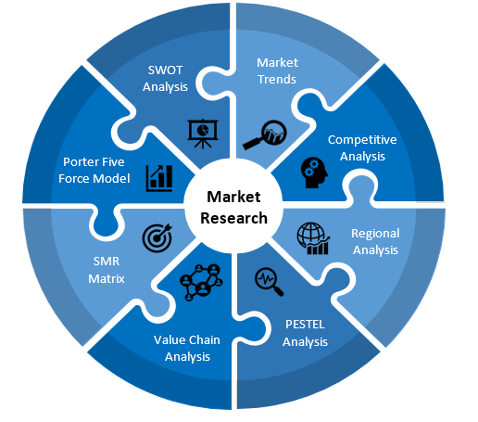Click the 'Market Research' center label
click(x=233, y=208)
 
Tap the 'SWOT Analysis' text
click(x=165, y=79)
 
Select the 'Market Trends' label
click(x=277, y=70)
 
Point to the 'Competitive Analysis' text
click(x=362, y=148)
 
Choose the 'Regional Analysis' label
click(x=375, y=242)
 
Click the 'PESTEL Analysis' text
click(x=305, y=333)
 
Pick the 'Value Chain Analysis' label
click(x=187, y=348)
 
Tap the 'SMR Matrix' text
click(x=107, y=270)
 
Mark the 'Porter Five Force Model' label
click(x=94, y=170)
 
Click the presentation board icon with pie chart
click(x=203, y=134)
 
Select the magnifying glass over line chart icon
click(x=265, y=135)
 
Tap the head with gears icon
click(x=314, y=173)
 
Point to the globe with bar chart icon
click(x=313, y=238)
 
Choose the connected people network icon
click(x=201, y=282)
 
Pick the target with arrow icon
click(x=157, y=237)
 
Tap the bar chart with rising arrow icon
click(x=159, y=178)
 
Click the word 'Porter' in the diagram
click(x=78, y=162)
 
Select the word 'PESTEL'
click(x=305, y=325)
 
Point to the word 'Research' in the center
click(x=233, y=218)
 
